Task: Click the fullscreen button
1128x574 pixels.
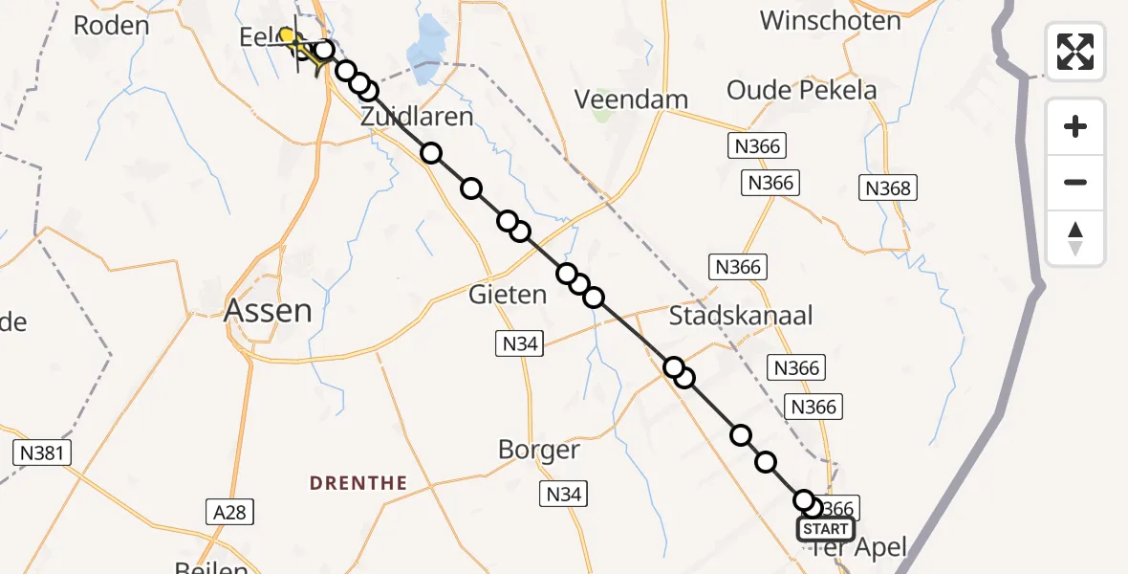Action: coord(1075,51)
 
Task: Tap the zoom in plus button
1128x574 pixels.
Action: coord(1075,127)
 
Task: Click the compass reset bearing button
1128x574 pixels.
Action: coord(1075,238)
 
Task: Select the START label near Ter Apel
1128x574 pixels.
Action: coord(826,529)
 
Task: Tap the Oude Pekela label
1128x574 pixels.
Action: coord(801,90)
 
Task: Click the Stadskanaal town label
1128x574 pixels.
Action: coord(741,315)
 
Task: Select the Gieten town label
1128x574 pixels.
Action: coord(507,295)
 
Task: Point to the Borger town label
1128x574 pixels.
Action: coord(539,450)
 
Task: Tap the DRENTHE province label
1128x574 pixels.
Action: coord(358,483)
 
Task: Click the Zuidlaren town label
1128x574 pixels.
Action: coord(417,117)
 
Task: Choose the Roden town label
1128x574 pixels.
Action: coord(112,25)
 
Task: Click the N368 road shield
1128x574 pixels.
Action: coord(888,188)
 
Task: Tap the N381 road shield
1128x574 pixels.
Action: coord(43,453)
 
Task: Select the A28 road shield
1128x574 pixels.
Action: coord(229,513)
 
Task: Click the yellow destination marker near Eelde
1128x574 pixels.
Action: coord(286,36)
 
